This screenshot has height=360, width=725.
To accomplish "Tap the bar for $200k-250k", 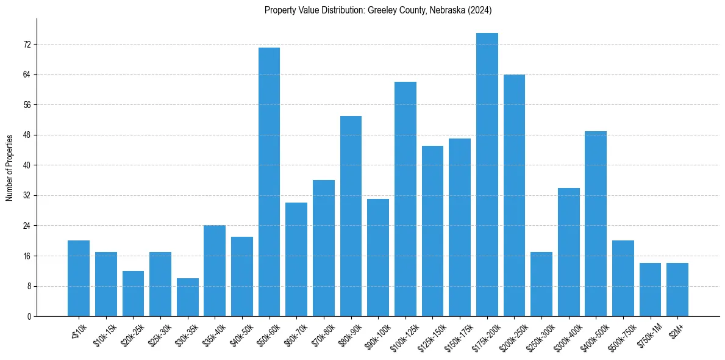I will coord(514,195).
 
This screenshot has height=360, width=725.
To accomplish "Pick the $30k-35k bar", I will coord(187,297).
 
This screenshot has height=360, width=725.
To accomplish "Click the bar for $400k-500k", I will coord(596,223).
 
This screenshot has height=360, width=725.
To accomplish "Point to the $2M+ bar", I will coord(677,289).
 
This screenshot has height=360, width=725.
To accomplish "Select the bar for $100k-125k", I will coord(405,199).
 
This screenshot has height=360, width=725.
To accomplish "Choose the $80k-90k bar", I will coord(351,216).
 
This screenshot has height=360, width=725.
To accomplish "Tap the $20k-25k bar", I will coord(133,293).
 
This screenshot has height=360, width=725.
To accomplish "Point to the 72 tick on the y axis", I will coord(27,45).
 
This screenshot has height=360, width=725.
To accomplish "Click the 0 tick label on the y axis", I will coord(29,316).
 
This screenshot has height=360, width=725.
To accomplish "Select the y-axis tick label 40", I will coord(27,165).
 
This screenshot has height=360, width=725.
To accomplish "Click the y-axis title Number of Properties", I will coord(10,168).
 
